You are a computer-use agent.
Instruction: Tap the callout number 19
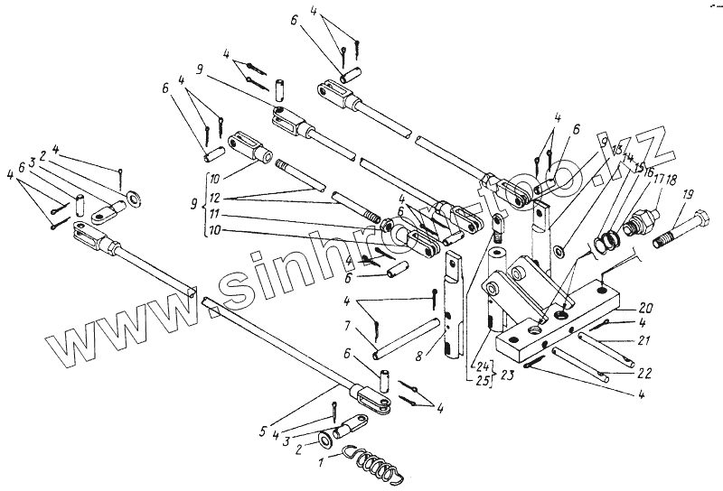click(688, 193)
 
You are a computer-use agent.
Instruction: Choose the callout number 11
click(214, 216)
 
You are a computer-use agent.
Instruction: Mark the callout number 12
click(214, 199)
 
